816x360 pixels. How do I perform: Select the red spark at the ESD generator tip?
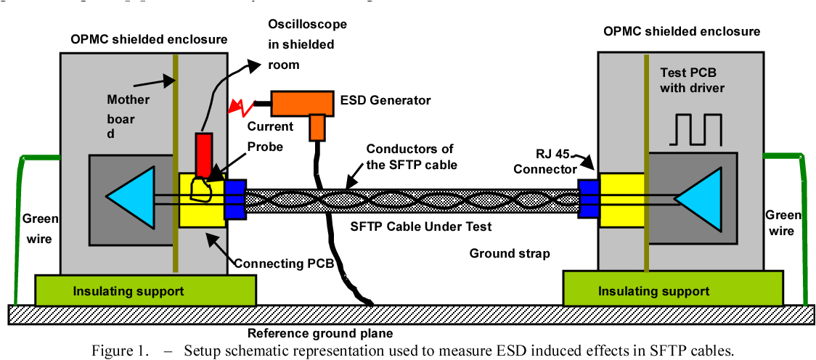point(240,107)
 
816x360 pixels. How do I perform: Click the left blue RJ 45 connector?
point(235,199)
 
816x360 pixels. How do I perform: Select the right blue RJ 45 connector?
point(588,198)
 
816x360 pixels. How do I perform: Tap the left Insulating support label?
point(128,291)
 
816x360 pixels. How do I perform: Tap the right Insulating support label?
point(653,291)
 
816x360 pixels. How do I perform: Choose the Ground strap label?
point(510,253)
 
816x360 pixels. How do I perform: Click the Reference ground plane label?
point(320,334)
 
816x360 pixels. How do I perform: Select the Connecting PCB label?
point(284,263)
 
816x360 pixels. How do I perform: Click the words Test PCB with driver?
point(693,81)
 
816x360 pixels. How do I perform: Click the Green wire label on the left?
point(37,226)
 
